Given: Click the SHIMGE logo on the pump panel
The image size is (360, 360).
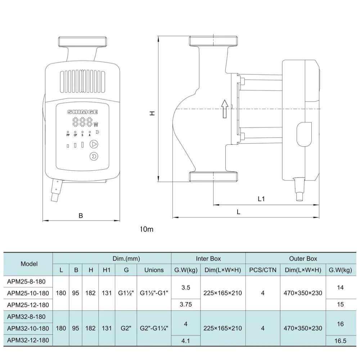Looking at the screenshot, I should coord(82,112).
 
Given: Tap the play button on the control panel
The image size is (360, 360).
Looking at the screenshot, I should coord(94,144).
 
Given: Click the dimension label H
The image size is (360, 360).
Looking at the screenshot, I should coord(152,113).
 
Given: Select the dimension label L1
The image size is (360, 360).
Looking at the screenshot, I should coord(261,199).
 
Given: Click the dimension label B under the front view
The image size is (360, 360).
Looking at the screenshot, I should coord(81,216).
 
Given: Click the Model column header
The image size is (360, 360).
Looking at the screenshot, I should coord(29,264).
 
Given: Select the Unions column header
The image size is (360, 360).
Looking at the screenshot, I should coord(154,270).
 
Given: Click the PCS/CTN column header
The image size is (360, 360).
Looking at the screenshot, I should coord(263,270).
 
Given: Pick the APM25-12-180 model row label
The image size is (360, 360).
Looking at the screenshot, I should coord(28,305).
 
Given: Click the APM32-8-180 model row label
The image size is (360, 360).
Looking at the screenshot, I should coord(26,317).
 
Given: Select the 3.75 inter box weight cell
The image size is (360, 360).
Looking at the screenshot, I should coord(186,305).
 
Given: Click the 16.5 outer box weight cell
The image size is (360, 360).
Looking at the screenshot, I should coord(340,340).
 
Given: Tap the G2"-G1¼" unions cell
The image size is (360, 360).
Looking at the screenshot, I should coord(154,328).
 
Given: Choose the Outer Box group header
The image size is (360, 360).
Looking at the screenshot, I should coord(303,258).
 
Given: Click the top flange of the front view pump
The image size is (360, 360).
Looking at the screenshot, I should coord(82,42).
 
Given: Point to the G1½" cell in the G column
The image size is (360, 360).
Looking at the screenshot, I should coord(126,293).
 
